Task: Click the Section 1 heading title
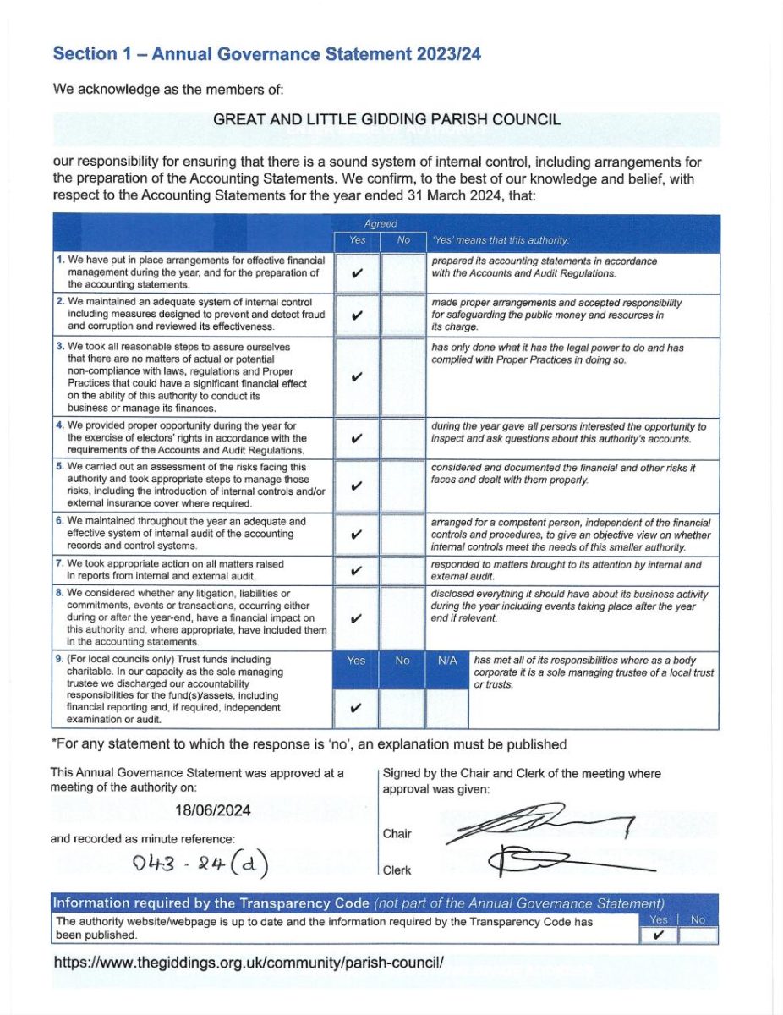tap(267, 53)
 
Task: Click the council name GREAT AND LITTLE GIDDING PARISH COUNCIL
tap(386, 119)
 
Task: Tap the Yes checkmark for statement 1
tap(356, 273)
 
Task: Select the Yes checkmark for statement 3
tap(356, 376)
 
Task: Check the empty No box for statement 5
tap(402, 485)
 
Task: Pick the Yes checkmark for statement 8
tap(356, 618)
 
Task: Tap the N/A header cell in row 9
tap(447, 660)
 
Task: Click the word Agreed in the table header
tap(380, 224)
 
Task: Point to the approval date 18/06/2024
tap(212, 809)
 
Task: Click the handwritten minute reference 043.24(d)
tap(200, 863)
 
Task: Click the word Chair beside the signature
tap(397, 833)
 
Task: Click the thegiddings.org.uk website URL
tap(249, 962)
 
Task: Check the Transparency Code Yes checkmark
tap(658, 935)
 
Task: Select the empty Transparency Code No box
tap(698, 935)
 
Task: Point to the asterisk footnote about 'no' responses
tap(309, 744)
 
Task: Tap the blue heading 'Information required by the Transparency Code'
tap(211, 903)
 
